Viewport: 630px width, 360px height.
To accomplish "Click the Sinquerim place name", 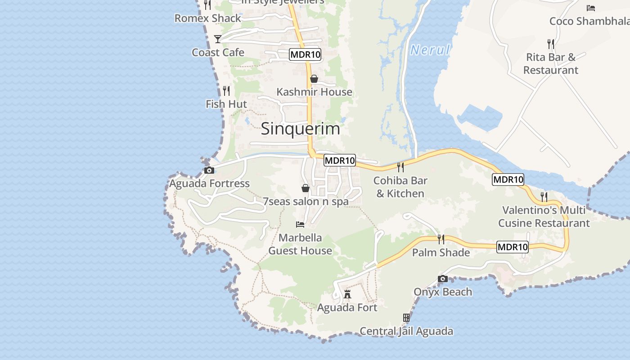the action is (300, 129).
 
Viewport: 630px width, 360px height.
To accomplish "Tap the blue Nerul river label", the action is (430, 50).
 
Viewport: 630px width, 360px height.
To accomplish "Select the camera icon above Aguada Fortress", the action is (209, 170).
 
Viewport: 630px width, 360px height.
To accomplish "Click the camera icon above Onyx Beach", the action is (443, 279).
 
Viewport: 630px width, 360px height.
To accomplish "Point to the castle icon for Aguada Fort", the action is (347, 294).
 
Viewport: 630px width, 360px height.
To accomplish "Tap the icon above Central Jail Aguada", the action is (406, 318).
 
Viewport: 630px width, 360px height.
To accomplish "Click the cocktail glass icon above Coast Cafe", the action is (218, 39).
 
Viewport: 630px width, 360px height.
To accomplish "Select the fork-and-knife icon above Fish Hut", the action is (226, 90).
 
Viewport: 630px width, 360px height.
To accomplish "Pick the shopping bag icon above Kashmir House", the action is (314, 79).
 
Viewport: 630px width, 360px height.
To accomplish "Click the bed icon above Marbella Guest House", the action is (300, 224).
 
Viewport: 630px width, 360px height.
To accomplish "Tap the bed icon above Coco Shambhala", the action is (591, 8).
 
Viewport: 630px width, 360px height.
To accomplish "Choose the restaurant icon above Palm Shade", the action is (441, 239).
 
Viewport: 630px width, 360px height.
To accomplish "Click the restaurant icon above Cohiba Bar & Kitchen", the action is (400, 167).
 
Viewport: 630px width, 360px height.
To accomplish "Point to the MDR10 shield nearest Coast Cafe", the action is (305, 54).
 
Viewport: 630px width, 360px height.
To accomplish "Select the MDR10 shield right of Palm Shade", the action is (513, 247).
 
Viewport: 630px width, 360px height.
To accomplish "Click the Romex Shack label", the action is (208, 18).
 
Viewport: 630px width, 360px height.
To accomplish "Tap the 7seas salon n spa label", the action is (306, 201).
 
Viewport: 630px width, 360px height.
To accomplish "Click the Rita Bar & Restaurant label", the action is (551, 63).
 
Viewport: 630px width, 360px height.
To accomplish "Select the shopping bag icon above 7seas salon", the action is (306, 188).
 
